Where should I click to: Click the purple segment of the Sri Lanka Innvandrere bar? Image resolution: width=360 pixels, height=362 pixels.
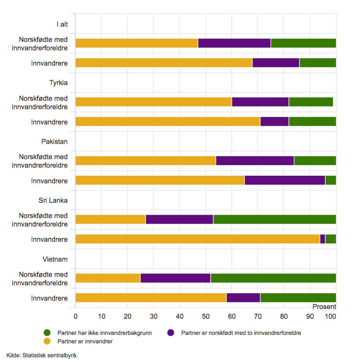pos(323,239)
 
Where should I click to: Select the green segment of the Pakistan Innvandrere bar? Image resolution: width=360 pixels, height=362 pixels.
pos(331,180)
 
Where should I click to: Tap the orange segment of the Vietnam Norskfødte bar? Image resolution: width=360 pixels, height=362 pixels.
pos(108,278)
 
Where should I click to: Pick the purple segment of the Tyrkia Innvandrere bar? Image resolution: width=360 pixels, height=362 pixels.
pos(275,122)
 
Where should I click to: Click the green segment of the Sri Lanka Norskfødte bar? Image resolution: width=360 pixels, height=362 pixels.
pos(275,219)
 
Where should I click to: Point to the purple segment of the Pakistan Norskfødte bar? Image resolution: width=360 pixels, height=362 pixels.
pos(255,160)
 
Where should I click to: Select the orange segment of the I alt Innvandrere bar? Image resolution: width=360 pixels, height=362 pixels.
pos(164,63)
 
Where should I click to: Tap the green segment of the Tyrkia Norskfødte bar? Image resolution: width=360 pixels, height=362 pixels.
pos(311,102)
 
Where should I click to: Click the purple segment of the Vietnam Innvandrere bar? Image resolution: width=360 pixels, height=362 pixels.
pos(243,298)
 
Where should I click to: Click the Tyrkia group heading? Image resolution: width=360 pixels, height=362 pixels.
pos(58,83)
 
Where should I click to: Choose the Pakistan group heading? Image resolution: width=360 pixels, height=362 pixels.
pos(55,141)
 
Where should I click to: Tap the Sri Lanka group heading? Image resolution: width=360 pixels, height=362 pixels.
pos(53,200)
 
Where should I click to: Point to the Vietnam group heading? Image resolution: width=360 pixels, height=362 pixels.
pos(55,258)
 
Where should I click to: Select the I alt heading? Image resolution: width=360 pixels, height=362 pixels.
pos(62,24)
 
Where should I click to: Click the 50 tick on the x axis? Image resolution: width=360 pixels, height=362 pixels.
pos(206,316)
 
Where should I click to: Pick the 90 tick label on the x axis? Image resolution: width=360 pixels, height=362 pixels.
pos(310,316)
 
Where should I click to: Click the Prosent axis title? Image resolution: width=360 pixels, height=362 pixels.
pos(324,307)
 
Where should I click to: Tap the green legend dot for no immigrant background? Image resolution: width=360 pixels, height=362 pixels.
pos(47,333)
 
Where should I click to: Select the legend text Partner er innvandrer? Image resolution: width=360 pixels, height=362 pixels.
pos(85,342)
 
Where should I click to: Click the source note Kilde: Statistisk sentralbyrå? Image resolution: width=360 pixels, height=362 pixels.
pos(42,355)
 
